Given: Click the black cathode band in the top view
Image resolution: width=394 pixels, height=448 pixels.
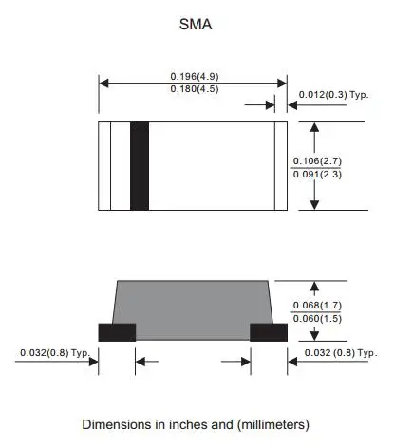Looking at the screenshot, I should [x=140, y=166].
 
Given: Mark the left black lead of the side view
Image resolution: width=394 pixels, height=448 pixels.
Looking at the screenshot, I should [x=117, y=331].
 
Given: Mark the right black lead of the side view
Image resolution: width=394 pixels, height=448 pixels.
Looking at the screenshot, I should [x=269, y=331].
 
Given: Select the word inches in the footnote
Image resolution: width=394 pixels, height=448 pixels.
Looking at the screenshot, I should [x=179, y=423].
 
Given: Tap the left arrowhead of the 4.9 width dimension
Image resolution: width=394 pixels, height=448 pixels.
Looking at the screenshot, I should [x=103, y=83].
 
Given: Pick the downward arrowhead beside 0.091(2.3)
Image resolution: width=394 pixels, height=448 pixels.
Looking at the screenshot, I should [x=315, y=204].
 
